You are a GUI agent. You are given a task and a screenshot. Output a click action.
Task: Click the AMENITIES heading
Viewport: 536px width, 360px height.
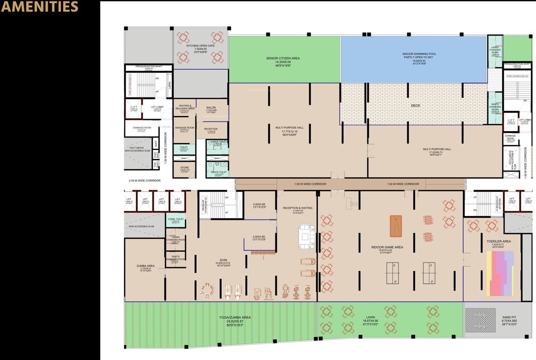click(x=39, y=7)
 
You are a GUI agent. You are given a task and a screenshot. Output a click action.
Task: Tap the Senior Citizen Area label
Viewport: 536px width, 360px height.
click(x=283, y=59)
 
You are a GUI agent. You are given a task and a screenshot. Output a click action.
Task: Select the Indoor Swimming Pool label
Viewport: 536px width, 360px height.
click(x=413, y=54)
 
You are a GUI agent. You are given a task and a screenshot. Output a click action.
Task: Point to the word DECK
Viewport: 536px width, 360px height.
click(x=415, y=106)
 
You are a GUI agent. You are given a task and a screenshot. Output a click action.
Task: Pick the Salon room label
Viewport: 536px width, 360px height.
click(x=211, y=108)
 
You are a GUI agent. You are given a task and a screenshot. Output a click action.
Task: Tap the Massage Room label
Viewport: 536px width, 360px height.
click(x=184, y=127)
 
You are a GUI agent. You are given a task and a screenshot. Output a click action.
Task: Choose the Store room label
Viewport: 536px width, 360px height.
click(x=185, y=167)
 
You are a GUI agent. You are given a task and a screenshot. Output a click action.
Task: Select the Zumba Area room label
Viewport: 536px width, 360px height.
click(x=145, y=266)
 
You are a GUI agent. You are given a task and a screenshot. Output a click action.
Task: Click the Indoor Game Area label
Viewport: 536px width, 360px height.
click(x=388, y=247)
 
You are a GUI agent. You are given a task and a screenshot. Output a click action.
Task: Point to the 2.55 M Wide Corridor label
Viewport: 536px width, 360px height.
click(x=144, y=180)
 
